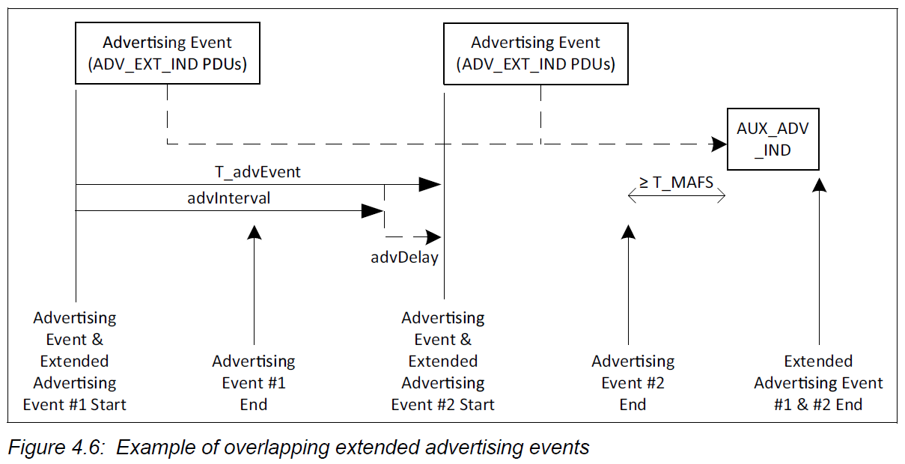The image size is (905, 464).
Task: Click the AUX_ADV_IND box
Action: coord(773,138)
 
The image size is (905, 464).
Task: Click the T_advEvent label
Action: coord(258,172)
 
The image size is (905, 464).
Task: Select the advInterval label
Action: coord(229,199)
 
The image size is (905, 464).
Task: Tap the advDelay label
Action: coord(404,257)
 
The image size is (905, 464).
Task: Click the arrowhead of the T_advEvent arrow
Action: coord(430,184)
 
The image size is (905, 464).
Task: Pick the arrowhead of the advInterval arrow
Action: coord(372,211)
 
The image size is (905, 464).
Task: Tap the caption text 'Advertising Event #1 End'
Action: coord(254,382)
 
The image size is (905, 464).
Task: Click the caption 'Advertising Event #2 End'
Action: coord(633,382)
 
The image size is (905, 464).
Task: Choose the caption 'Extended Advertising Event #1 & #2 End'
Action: coord(818,382)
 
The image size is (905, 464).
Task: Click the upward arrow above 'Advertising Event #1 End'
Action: coord(255,284)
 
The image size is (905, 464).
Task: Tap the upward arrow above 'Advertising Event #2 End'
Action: coord(629,284)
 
